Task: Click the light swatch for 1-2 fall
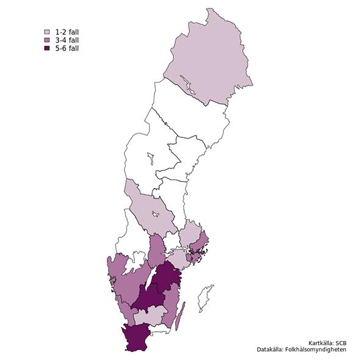46,31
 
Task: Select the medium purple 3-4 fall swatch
46,40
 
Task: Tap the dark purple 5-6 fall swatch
46,48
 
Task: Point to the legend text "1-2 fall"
67,31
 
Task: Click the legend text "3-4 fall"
67,40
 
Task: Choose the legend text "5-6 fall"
67,48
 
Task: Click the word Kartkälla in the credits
322,342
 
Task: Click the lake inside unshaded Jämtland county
149,160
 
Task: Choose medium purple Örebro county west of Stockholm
157,249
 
